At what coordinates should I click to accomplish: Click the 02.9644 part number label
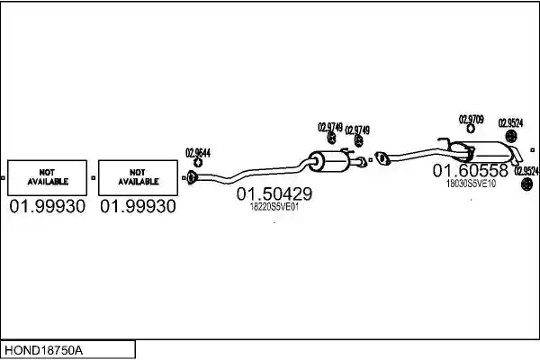pos(198,153)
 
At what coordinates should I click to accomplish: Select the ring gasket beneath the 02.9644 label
pos(198,163)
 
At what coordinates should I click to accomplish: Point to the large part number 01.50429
pos(274,194)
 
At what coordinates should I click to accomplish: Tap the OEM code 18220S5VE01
pos(274,207)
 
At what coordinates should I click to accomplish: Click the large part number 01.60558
pos(471,170)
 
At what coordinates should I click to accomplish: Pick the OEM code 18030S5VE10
pos(471,184)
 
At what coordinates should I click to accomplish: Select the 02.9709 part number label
pos(471,120)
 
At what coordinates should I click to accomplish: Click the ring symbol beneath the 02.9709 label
pos(471,129)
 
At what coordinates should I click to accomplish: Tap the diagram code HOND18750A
pos(44,350)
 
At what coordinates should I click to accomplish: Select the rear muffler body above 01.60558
pos(482,152)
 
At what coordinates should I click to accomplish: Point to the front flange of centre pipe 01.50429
pos(192,177)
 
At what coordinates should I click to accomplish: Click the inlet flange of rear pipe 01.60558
pos(382,158)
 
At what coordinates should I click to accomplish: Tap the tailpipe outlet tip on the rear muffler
pos(517,156)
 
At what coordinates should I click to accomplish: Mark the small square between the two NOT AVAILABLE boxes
pos(93,178)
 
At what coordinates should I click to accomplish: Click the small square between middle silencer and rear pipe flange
pos(371,160)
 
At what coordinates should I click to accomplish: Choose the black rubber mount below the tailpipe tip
pos(526,184)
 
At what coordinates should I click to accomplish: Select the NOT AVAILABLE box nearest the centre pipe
pos(138,178)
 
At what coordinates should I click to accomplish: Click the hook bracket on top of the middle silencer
pos(347,151)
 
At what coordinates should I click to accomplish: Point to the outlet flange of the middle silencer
pos(363,162)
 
